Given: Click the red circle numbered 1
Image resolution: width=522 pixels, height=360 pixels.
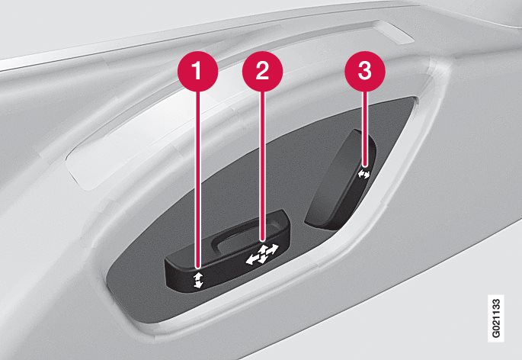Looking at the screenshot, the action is click(197, 71).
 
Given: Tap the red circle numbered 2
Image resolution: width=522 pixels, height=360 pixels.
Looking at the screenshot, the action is click(262, 71).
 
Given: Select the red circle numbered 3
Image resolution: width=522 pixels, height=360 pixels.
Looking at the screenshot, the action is click(365, 71).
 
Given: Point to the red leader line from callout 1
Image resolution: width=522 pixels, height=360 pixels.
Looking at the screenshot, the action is click(199, 179).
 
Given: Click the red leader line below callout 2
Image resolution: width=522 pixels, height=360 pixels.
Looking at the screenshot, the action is click(263, 166).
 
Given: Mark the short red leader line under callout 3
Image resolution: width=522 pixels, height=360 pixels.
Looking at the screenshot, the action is click(366, 128).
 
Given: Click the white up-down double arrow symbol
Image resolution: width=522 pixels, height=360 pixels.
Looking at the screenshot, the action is click(198, 280).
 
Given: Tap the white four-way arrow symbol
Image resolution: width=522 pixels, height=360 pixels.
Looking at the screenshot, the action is click(261, 254).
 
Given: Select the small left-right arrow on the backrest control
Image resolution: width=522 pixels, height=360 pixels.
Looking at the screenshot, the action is click(363, 174).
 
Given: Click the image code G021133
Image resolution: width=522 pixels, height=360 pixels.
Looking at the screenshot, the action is click(495, 318).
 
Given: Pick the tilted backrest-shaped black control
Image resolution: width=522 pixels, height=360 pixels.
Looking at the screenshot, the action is click(341, 180).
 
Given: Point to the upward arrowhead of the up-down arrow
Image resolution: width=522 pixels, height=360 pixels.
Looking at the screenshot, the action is click(197, 275).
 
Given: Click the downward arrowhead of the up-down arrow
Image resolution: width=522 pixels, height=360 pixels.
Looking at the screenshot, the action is click(199, 284).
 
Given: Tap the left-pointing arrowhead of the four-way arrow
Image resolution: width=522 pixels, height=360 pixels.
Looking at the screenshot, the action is click(250, 260).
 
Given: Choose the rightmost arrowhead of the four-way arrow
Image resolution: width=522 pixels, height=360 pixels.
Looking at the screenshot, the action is click(274, 249).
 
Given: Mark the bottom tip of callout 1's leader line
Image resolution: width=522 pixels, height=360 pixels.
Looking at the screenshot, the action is click(199, 268).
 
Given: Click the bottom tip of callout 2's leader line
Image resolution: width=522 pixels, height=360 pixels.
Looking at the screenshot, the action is click(263, 240).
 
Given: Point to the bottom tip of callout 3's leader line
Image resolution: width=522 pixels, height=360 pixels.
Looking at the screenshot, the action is click(366, 166).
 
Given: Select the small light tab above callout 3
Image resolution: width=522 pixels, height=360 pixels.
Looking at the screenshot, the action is click(396, 33).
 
